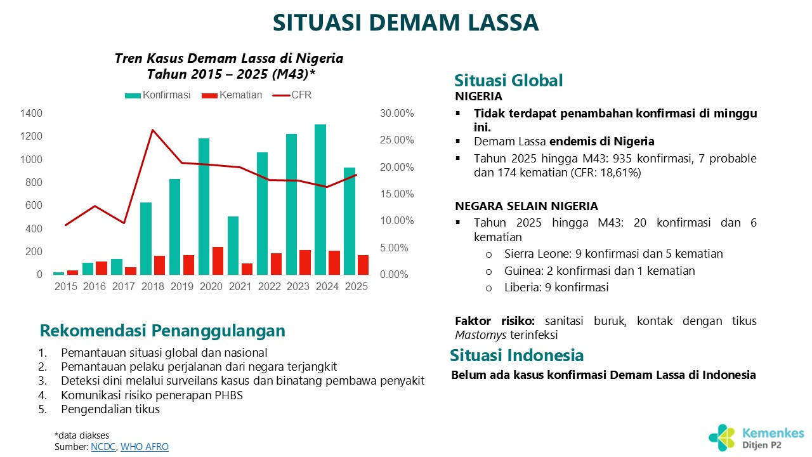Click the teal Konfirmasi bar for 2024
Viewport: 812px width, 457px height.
click(x=320, y=199)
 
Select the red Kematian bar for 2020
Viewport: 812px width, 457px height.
click(x=218, y=260)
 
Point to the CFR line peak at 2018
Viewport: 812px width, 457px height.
click(x=152, y=130)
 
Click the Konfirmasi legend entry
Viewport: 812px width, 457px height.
click(x=158, y=95)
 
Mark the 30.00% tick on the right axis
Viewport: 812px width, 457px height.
click(x=396, y=114)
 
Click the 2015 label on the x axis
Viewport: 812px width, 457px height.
click(x=65, y=286)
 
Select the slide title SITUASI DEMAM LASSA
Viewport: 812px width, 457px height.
click(x=405, y=23)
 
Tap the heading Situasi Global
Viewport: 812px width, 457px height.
click(x=509, y=81)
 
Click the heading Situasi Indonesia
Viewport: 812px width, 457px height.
click(x=517, y=355)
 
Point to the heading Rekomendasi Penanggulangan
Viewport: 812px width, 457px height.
click(x=162, y=331)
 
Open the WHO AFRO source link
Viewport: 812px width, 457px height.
click(x=145, y=447)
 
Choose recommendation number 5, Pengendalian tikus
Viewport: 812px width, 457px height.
click(x=110, y=409)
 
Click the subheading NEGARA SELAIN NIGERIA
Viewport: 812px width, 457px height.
click(x=527, y=206)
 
